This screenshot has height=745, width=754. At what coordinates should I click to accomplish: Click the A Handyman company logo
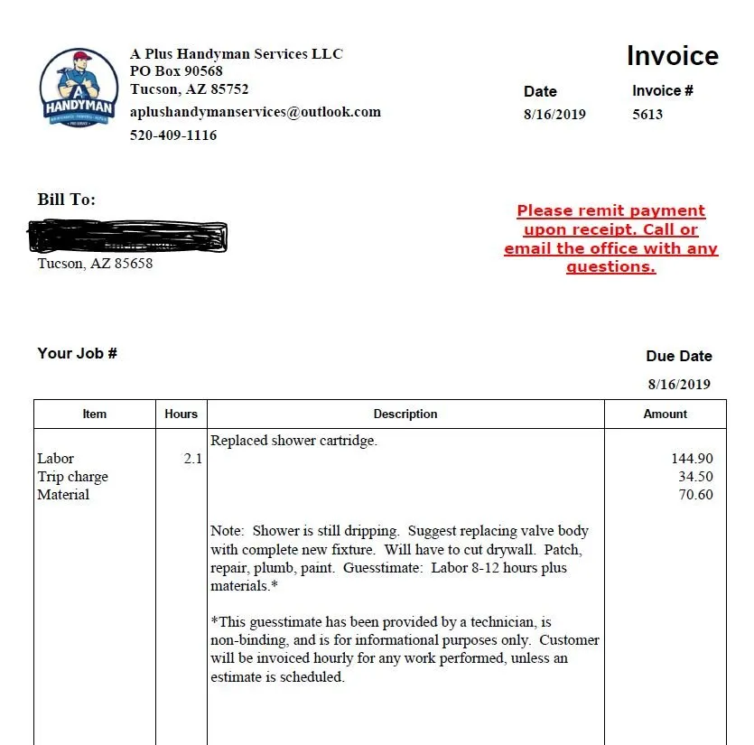pyautogui.click(x=79, y=88)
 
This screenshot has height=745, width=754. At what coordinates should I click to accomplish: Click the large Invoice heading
pyautogui.click(x=673, y=56)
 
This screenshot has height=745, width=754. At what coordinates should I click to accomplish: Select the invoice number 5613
pyautogui.click(x=647, y=115)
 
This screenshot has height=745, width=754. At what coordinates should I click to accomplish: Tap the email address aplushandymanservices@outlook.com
pyautogui.click(x=256, y=112)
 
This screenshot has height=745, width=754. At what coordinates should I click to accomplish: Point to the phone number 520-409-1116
pyautogui.click(x=173, y=135)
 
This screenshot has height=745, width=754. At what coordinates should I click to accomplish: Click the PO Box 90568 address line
pyautogui.click(x=176, y=71)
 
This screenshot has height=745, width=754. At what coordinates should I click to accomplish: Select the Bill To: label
pyautogui.click(x=66, y=200)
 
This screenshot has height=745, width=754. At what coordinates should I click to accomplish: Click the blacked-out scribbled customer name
pyautogui.click(x=128, y=237)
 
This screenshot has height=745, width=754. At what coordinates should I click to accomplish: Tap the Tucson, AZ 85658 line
pyautogui.click(x=95, y=264)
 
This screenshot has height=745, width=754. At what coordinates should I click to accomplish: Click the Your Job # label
pyautogui.click(x=77, y=353)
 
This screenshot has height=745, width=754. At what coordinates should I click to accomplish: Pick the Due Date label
pyautogui.click(x=679, y=356)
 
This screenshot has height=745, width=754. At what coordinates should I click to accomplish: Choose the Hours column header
pyautogui.click(x=181, y=414)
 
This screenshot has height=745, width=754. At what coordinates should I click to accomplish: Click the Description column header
pyautogui.click(x=405, y=414)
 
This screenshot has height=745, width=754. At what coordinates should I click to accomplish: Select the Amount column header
pyautogui.click(x=666, y=414)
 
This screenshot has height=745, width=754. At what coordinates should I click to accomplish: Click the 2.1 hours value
pyautogui.click(x=193, y=459)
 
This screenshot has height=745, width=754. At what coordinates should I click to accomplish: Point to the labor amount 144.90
pyautogui.click(x=692, y=459)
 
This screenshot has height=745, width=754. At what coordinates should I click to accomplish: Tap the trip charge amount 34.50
pyautogui.click(x=695, y=477)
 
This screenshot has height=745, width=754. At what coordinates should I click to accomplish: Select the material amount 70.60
pyautogui.click(x=695, y=495)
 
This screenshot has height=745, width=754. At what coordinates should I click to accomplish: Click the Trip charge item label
pyautogui.click(x=72, y=477)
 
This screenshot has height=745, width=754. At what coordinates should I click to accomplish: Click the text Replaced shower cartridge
pyautogui.click(x=293, y=441)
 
